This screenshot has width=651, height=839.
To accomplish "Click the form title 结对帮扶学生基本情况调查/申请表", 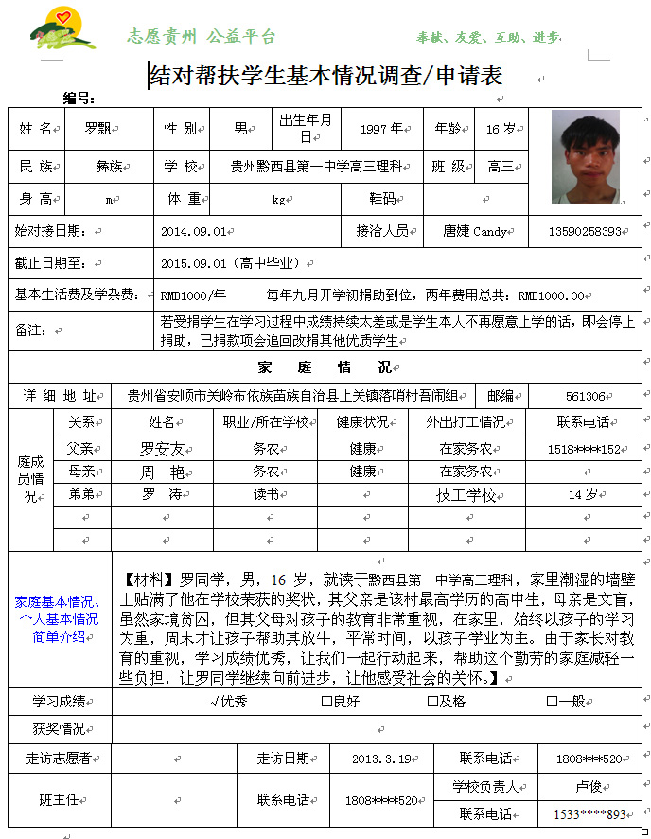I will click(326, 75).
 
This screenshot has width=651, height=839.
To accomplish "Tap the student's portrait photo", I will click(585, 157).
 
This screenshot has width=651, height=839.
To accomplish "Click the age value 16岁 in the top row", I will click(500, 128).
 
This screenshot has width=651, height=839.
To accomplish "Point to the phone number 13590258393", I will click(585, 230).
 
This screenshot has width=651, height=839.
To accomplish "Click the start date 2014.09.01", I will click(193, 230).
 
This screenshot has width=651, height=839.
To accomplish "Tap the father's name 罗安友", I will click(162, 448).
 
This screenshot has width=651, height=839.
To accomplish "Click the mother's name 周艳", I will click(162, 471).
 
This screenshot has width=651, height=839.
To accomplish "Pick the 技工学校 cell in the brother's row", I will click(466, 494).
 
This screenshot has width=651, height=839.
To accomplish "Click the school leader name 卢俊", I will click(589, 786).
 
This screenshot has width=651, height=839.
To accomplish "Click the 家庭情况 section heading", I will click(324, 366).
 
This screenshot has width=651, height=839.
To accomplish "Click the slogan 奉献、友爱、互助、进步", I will click(488, 38).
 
